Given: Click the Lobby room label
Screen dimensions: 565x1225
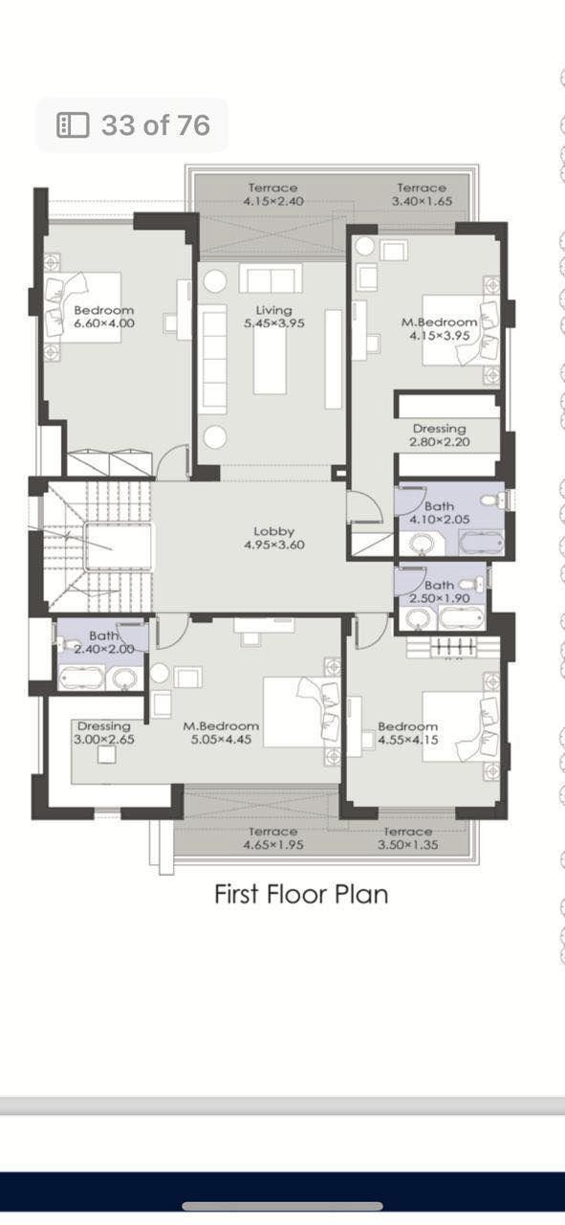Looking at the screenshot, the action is pos(274,538).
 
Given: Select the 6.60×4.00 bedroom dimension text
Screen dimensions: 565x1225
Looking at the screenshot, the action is pos(104,323).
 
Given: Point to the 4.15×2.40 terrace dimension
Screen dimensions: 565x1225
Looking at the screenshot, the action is pos(273,201).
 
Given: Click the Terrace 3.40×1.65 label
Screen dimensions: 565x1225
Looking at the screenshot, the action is pos(422,194).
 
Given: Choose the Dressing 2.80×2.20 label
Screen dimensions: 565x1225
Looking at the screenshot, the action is pos(440,435).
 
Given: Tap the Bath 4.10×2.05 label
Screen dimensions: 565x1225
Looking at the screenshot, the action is pos(440,513).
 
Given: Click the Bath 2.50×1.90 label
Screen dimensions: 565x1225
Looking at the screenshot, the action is pos(440,591).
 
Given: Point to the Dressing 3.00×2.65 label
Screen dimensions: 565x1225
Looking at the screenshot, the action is pos(104,733).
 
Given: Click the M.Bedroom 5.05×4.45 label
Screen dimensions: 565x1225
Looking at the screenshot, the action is pos(221,733).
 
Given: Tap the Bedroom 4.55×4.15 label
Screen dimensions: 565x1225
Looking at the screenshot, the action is pos(408,733).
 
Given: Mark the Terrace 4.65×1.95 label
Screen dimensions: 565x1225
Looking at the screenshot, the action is pos(273,838).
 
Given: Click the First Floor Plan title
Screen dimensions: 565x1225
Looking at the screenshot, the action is pos(301,894).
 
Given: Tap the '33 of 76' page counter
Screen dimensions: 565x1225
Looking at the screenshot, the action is pos(156,125).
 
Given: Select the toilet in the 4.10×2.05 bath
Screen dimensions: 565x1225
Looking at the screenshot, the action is pos(494,500).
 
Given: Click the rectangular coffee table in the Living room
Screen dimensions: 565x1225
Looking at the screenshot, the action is pos(270,360).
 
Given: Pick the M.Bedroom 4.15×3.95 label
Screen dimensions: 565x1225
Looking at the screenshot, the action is pos(440,329).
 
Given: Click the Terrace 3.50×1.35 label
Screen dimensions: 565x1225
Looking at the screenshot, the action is pos(408,838).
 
